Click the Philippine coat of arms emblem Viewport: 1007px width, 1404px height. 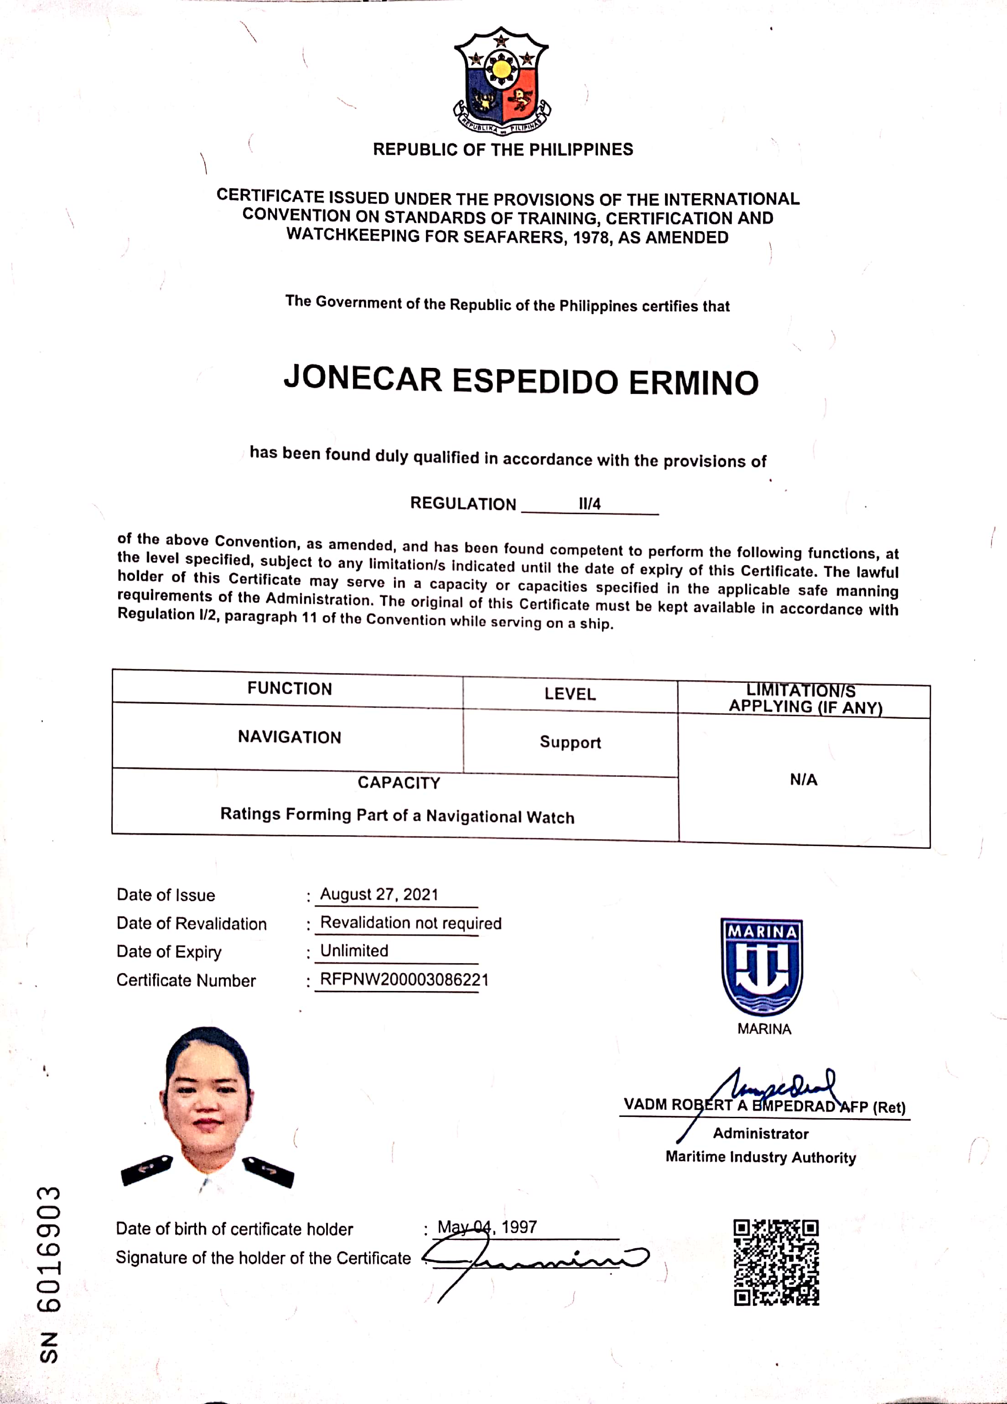(x=502, y=81)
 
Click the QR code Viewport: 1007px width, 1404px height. (x=776, y=1262)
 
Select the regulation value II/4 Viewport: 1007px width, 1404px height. (x=590, y=504)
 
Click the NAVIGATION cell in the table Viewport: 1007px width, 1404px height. (x=289, y=737)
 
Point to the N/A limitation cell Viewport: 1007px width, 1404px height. (x=803, y=779)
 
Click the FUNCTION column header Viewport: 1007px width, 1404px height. (x=289, y=688)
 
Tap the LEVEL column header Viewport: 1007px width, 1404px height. (x=570, y=694)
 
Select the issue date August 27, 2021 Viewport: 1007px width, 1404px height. (x=379, y=894)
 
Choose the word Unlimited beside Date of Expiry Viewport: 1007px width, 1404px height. (x=354, y=950)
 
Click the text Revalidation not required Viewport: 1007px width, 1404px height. (x=410, y=923)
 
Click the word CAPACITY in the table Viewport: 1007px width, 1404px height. (x=399, y=783)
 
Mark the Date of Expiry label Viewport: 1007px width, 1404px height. (x=169, y=951)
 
